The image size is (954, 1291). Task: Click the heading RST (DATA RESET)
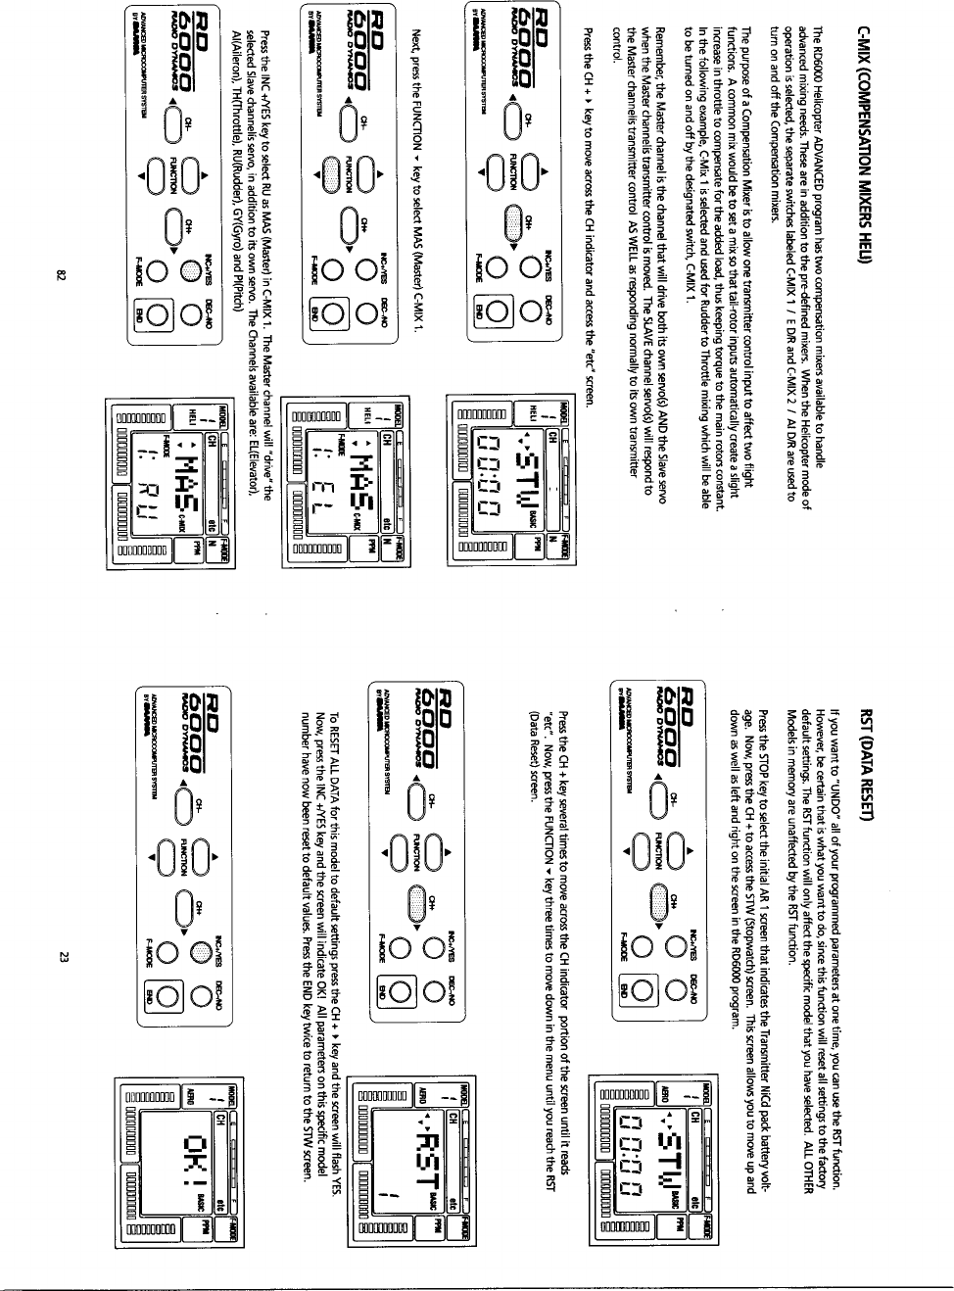coord(866,753)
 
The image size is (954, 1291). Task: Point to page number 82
coord(60,276)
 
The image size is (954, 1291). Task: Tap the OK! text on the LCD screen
coord(187,1162)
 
